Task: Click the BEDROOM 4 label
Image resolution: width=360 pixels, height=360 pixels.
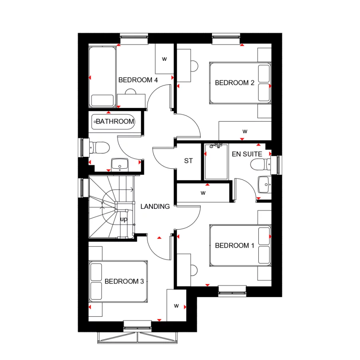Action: [x=138, y=80]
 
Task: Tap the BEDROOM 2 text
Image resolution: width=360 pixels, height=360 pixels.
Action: [x=235, y=83]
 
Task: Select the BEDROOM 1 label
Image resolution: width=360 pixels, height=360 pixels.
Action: [x=235, y=245]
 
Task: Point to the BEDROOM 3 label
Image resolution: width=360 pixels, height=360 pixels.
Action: [x=124, y=281]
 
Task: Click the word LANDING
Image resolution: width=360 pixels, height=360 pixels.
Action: [x=155, y=206]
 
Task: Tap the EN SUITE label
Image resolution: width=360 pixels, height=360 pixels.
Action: [x=247, y=154]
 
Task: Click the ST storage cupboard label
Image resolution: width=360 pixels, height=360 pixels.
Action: [x=188, y=161]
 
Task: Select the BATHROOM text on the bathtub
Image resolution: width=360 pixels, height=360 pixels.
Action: [x=115, y=121]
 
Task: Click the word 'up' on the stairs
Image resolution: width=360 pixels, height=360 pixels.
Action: [x=124, y=219]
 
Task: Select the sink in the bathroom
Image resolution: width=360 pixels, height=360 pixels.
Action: [x=120, y=164]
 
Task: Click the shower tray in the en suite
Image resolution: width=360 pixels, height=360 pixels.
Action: [x=216, y=162]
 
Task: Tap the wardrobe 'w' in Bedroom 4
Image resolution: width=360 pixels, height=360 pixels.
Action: [x=164, y=59]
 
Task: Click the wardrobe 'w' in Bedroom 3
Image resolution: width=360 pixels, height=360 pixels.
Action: [x=176, y=306]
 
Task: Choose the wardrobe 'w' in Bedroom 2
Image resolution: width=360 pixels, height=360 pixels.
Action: [x=245, y=131]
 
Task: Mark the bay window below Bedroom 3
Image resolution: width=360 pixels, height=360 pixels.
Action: [x=137, y=337]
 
